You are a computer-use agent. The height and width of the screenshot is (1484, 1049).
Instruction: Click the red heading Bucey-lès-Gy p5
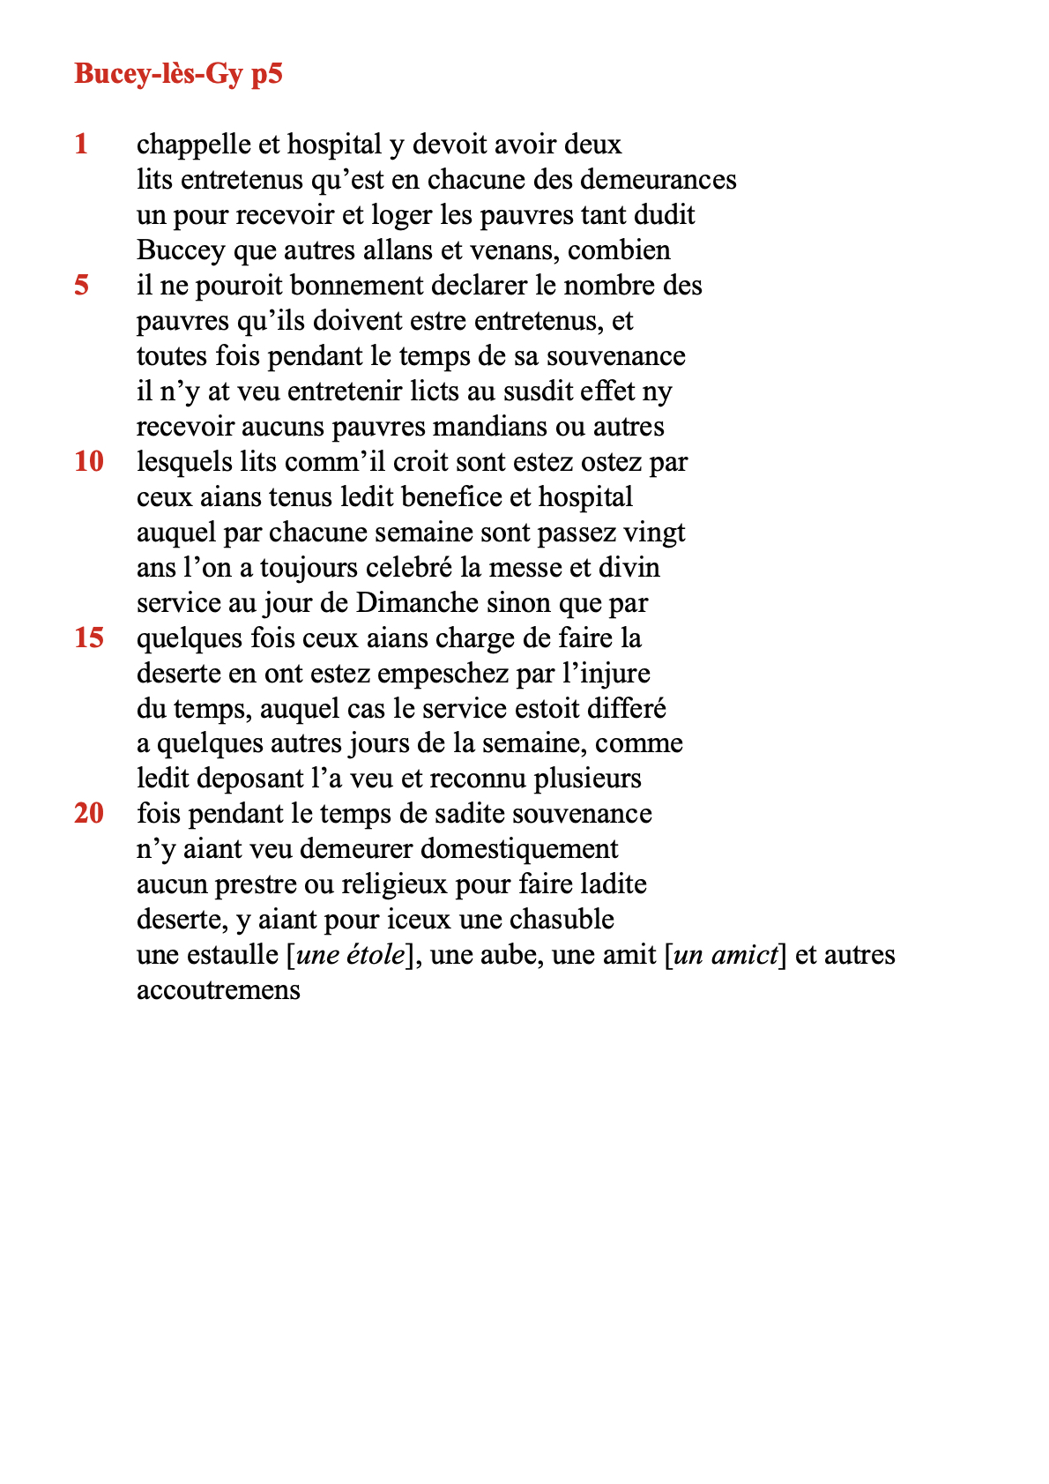tap(178, 74)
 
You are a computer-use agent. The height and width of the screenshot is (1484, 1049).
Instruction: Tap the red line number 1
tap(82, 144)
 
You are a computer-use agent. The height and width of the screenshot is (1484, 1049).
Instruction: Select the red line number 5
tap(82, 285)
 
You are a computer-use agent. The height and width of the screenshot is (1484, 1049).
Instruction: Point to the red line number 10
tap(89, 461)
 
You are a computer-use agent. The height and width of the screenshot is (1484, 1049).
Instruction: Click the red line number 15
tap(89, 638)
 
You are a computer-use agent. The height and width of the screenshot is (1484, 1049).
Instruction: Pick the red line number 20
tap(89, 813)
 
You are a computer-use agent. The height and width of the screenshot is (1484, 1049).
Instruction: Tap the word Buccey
tap(181, 250)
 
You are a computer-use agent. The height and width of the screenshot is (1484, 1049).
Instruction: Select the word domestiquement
tap(519, 849)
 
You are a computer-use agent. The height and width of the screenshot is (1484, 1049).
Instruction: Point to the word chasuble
tap(561, 920)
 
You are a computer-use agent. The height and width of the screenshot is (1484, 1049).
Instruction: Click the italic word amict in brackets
tap(746, 955)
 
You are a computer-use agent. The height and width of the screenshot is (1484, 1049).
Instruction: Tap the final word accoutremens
tap(219, 990)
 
